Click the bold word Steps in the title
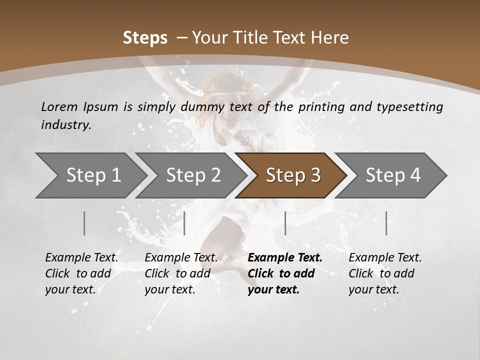point(145,38)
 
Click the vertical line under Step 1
point(84,223)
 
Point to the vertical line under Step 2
point(184,223)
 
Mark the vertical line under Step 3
point(285,223)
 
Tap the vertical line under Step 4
point(386,223)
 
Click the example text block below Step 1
point(81,273)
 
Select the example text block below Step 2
point(181,273)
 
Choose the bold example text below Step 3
point(285,273)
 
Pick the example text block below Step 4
point(385,273)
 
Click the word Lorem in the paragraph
point(59,106)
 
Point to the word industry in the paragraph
point(66,125)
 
